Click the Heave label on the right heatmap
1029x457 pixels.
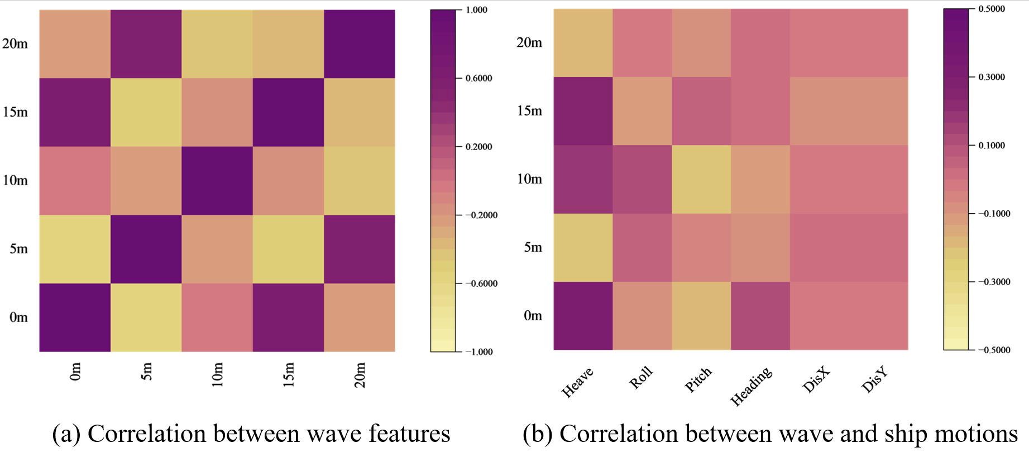[x=577, y=382]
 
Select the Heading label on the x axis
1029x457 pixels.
[x=752, y=386]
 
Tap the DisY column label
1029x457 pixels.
[x=874, y=380]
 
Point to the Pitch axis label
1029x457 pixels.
[x=698, y=380]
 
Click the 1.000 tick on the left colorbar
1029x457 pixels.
[x=476, y=10]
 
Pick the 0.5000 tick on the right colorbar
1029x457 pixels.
[x=992, y=9]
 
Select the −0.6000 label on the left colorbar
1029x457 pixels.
[x=481, y=283]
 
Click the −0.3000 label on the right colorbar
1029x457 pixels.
[x=994, y=282]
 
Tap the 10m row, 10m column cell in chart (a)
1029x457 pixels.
[x=217, y=181]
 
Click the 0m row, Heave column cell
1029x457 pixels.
[x=583, y=316]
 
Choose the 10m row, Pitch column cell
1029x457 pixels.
[x=701, y=179]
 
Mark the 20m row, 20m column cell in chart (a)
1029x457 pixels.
[x=360, y=44]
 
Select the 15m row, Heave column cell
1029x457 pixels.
[x=583, y=111]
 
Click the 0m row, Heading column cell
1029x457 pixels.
[x=760, y=316]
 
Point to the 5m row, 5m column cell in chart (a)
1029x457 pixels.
[x=146, y=249]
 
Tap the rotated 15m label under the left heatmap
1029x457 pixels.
[x=289, y=374]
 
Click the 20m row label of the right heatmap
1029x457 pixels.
[x=529, y=42]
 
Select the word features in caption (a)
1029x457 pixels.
[x=409, y=434]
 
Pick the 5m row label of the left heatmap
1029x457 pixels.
[x=18, y=249]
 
